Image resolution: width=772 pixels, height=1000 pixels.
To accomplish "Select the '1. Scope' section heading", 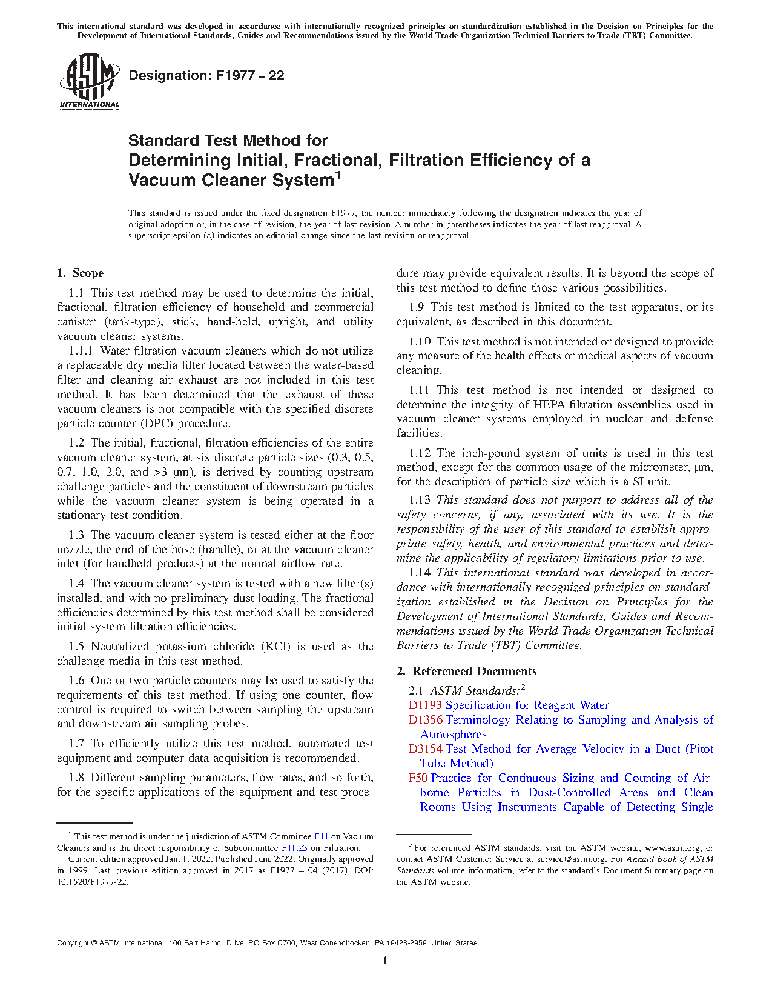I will [x=81, y=273].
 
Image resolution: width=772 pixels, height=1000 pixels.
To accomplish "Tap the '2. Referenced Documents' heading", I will [x=467, y=672].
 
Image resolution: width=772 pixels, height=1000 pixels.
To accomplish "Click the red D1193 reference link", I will [x=425, y=705].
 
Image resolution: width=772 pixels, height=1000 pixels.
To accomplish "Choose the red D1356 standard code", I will [x=425, y=720].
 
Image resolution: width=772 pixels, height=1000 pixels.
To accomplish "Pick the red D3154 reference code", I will [x=425, y=749].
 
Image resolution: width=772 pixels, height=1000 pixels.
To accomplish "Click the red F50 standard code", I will [x=418, y=778].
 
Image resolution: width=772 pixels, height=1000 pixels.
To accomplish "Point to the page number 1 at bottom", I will [x=385, y=961].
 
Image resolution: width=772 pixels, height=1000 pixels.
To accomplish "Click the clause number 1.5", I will [x=76, y=647].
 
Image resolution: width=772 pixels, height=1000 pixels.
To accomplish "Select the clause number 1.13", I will [x=420, y=500].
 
